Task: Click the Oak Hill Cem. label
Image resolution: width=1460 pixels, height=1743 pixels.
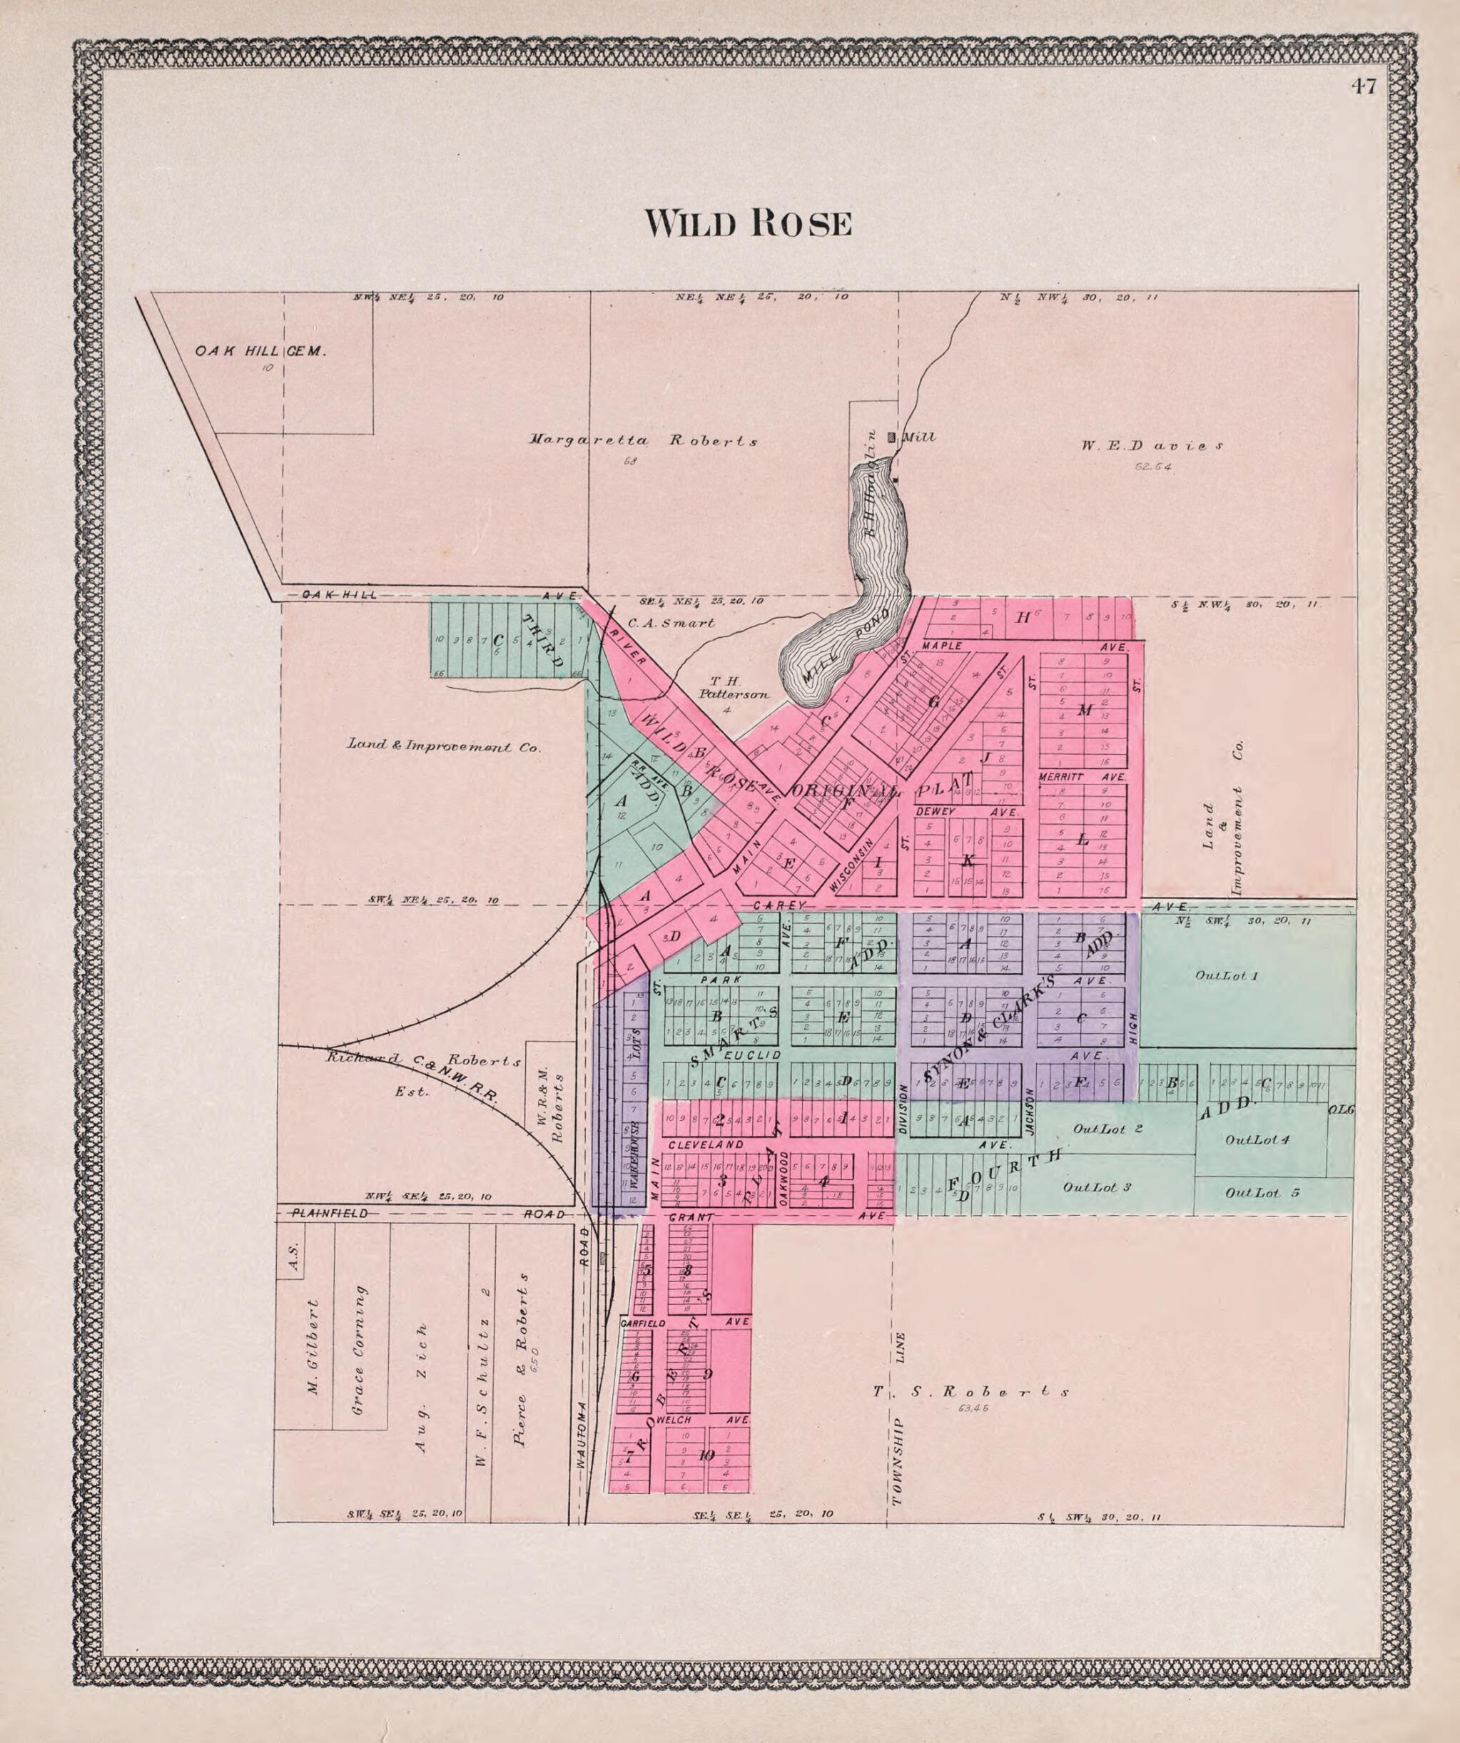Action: click(x=260, y=351)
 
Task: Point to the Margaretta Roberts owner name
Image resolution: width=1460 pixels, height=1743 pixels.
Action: click(x=643, y=441)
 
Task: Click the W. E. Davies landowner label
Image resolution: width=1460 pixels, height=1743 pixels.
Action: click(x=1151, y=446)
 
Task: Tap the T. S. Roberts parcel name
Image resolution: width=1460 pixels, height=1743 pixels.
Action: click(x=971, y=1391)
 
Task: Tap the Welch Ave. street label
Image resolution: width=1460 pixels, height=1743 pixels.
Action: click(x=674, y=1420)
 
